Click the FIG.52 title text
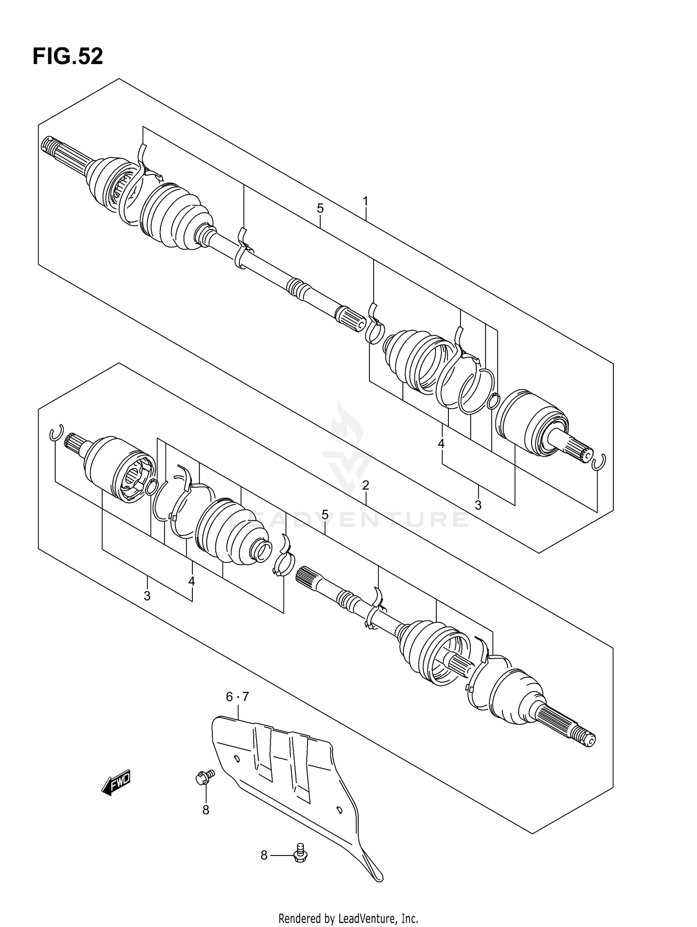pos(68,57)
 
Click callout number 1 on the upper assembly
pos(366,202)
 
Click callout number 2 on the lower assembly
pos(366,486)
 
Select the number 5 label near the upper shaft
pos(320,209)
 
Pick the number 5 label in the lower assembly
pos(325,515)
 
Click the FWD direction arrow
pos(116,784)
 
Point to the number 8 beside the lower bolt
pos(264,855)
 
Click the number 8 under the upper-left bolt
pos(206,810)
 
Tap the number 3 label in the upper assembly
pos(478,505)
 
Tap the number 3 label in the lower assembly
pos(147,596)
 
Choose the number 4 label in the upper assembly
pos(441,444)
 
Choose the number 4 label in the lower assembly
pos(191,581)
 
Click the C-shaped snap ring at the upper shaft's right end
pos(600,462)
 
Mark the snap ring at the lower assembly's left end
pos(56,433)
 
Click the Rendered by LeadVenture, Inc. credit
pos(348,918)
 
